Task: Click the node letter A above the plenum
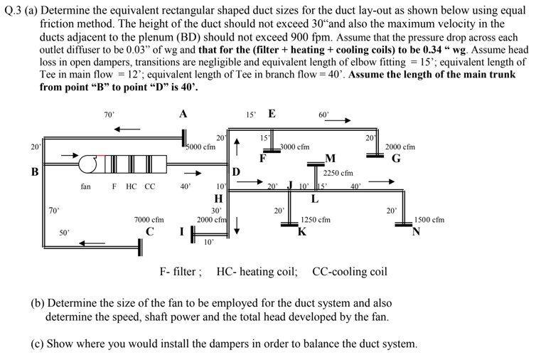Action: coord(183,114)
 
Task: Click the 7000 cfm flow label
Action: coord(149,221)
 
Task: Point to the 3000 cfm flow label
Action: coord(294,147)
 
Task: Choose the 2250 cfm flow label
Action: coord(338,173)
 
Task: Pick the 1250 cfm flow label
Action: coord(316,221)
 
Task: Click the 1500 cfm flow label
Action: coord(429,220)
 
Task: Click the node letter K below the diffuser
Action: coord(302,231)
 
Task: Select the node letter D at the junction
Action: coord(237,171)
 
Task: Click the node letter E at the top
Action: coord(272,114)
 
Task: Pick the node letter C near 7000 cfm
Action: coord(149,232)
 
